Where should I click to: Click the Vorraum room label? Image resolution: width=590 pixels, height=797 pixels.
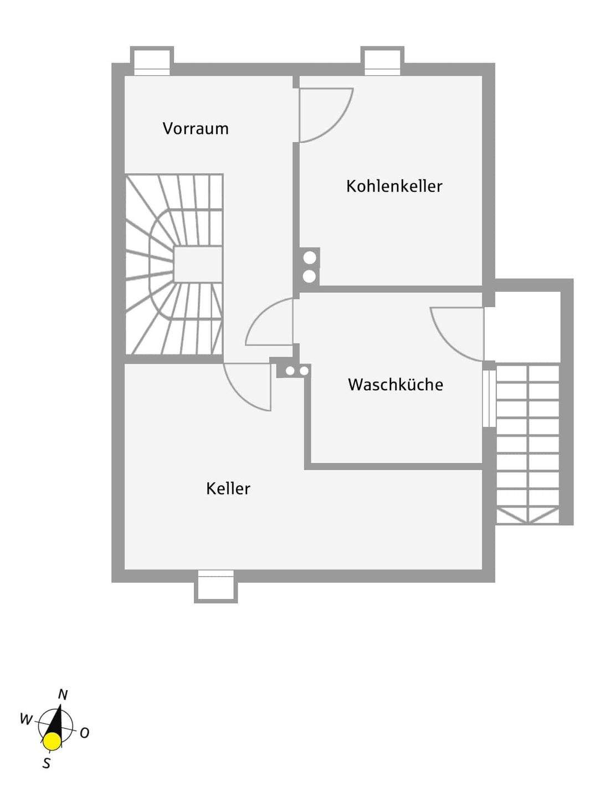coord(196,128)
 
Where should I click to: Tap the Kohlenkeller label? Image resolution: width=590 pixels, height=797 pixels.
coord(394,186)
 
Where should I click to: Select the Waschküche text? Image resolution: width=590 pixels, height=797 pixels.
coord(395,385)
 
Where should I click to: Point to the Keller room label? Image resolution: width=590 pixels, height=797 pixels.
coord(228,488)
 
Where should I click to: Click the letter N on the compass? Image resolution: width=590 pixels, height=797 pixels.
coord(63,695)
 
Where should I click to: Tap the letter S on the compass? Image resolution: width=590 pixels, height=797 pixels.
coord(47,764)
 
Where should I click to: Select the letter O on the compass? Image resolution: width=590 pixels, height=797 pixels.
coord(84,733)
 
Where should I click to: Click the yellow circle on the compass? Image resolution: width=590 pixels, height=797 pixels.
coord(52,741)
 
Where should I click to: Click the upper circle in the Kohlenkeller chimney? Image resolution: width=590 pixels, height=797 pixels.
coord(310,257)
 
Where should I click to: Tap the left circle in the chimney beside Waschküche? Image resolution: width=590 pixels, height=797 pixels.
coord(290,371)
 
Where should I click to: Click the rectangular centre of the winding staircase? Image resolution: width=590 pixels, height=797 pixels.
coord(198,265)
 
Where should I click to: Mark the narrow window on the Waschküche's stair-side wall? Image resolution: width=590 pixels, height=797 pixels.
coord(489,398)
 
